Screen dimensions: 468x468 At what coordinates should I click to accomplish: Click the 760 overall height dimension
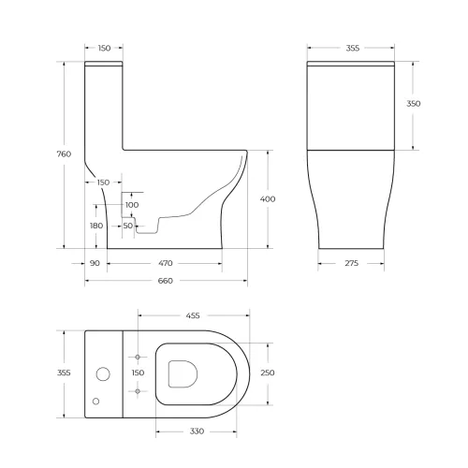point(65,154)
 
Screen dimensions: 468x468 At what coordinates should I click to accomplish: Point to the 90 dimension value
point(95,264)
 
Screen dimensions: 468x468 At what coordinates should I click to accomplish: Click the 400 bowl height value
point(269,198)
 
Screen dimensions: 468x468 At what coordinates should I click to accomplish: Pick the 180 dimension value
point(96,226)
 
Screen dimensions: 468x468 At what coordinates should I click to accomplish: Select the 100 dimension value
point(131,204)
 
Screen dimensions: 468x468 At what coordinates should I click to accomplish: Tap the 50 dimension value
point(127,226)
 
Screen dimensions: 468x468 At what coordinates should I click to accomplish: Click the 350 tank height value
point(414,103)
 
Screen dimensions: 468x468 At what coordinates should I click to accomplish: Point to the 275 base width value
point(352,264)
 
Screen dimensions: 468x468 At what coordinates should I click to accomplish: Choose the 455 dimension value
point(192,315)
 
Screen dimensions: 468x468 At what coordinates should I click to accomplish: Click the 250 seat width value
point(269,373)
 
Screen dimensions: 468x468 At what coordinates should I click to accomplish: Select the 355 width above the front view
point(352,47)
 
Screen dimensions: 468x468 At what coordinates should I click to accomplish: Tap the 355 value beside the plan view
point(65,373)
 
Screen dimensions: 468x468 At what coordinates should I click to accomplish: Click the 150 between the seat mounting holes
point(138,373)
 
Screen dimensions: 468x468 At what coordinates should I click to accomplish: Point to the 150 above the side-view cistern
point(104,47)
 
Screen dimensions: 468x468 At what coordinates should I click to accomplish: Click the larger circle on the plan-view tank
point(103,374)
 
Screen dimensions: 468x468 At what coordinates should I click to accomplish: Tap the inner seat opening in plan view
point(183,373)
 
